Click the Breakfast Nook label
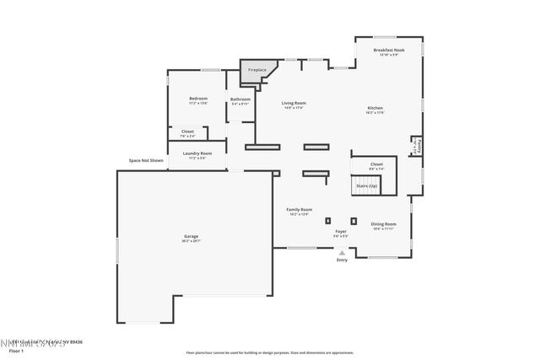pyautogui.click(x=388, y=51)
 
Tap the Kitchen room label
pyautogui.click(x=375, y=108)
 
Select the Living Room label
pyautogui.click(x=294, y=103)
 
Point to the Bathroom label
pyautogui.click(x=240, y=99)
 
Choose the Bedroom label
pyautogui.click(x=197, y=99)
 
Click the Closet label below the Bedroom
pyautogui.click(x=187, y=132)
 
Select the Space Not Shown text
pyautogui.click(x=146, y=160)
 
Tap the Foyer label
pyautogui.click(x=341, y=230)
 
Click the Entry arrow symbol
pyautogui.click(x=342, y=252)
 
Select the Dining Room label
pyautogui.click(x=383, y=224)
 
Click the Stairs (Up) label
pyautogui.click(x=366, y=185)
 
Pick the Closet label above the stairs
pyautogui.click(x=376, y=164)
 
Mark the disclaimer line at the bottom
pyautogui.click(x=269, y=353)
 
